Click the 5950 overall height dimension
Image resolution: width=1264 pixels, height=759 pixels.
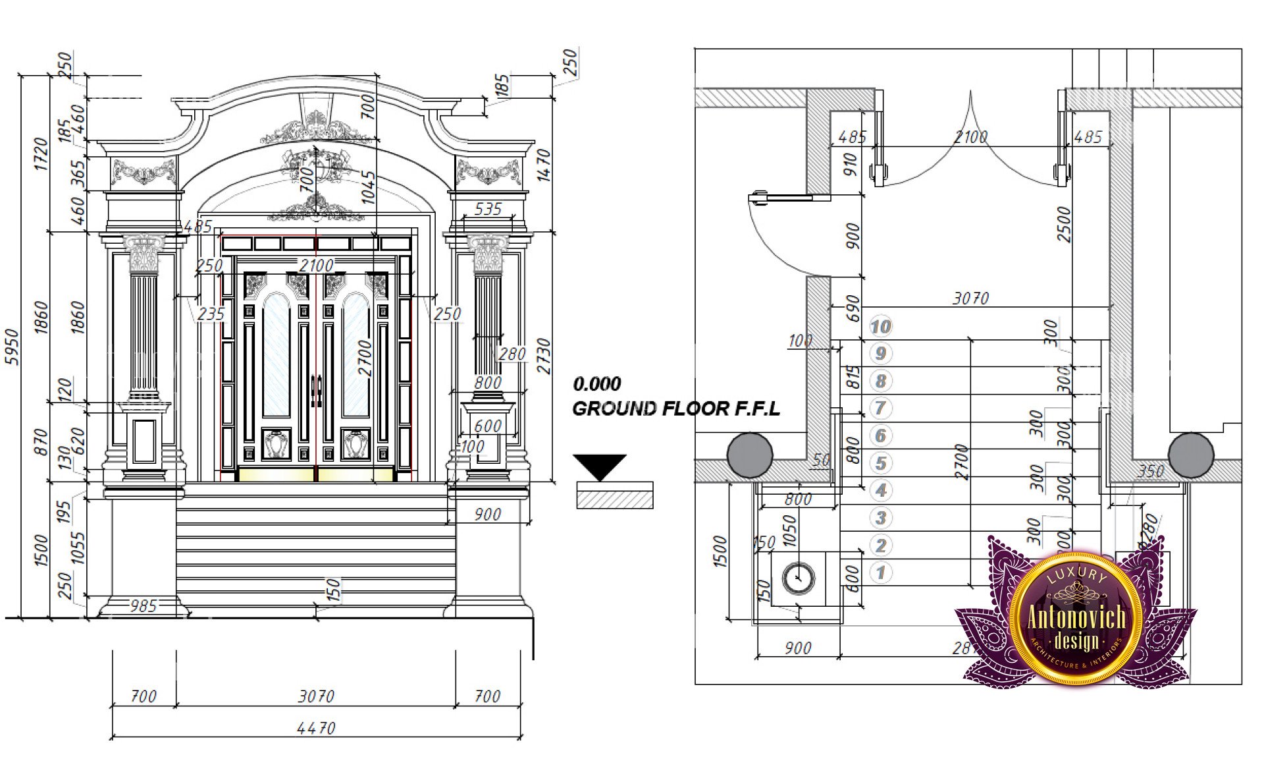12,347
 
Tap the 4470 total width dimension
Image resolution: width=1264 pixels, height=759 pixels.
316,728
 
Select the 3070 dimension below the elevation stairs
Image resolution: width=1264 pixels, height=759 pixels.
316,696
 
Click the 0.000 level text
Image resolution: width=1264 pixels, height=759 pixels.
596,383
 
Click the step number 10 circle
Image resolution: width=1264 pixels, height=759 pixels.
880,326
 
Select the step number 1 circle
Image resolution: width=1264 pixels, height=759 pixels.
881,573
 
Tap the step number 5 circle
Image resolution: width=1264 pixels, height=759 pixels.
881,463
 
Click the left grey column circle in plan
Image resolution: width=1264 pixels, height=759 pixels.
750,455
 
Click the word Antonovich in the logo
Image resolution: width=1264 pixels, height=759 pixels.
1076,617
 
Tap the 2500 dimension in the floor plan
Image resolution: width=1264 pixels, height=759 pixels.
1064,224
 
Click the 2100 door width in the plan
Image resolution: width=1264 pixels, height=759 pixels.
970,137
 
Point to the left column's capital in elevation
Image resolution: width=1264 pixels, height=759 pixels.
144,254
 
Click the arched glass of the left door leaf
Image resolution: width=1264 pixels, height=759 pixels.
276,356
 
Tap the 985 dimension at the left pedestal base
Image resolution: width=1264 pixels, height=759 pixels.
143,605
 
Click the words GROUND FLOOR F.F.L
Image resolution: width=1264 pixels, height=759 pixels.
675,408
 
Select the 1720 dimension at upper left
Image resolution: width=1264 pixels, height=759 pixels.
41,154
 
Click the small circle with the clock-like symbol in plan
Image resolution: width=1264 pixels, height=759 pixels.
798,578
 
